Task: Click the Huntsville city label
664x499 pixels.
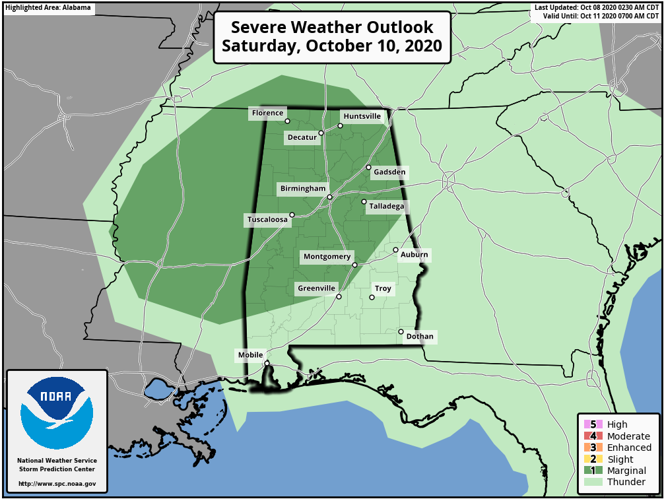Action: tap(362, 116)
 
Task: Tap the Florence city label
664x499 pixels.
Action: tap(267, 114)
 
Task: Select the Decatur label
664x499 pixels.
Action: tap(302, 137)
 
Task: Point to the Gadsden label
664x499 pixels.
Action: tap(389, 172)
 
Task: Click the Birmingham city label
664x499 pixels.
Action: tap(302, 189)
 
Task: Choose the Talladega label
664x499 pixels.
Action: tap(387, 207)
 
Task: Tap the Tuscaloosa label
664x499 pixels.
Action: tap(267, 220)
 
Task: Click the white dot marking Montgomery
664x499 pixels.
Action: tap(354, 265)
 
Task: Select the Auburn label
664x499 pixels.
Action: tap(414, 255)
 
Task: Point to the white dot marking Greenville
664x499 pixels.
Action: tap(339, 297)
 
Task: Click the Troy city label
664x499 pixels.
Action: tap(383, 288)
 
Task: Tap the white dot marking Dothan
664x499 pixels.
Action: tap(401, 331)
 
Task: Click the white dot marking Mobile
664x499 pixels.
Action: tap(267, 363)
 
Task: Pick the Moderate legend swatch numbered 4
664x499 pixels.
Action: tap(589, 436)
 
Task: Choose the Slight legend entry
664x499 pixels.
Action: tap(620, 459)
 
